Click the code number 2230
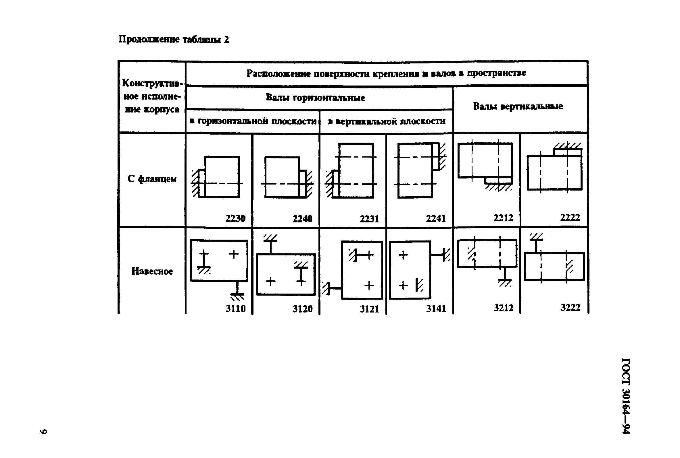235,218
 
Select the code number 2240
302,218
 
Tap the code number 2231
369,219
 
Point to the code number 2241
435,218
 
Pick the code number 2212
503,218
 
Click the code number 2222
570,217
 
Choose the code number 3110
235,308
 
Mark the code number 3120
302,309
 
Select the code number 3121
369,309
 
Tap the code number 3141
435,308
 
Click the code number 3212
503,308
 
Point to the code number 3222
570,307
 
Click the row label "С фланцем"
152,179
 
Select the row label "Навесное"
152,271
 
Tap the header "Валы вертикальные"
518,106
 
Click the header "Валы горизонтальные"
315,98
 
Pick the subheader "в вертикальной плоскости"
386,121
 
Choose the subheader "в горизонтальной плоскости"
253,121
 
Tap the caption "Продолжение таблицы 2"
173,39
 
